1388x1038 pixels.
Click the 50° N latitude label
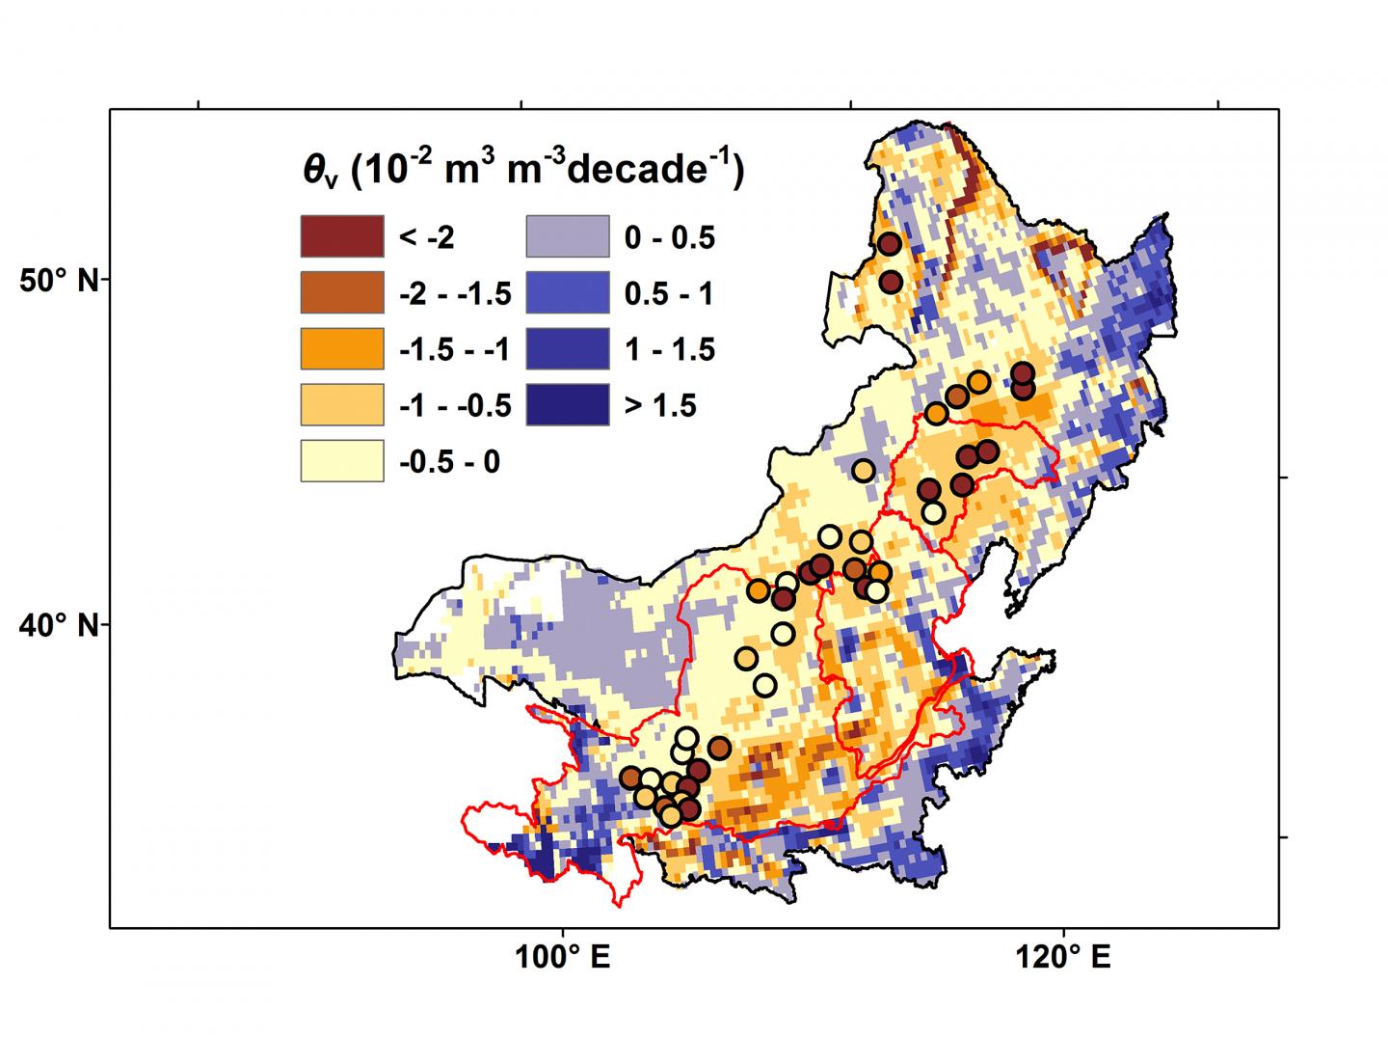click(59, 281)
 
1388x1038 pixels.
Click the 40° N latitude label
click(59, 626)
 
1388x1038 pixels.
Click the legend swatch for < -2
click(342, 237)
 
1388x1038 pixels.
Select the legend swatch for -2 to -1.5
click(342, 293)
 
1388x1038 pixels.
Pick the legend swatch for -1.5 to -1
click(342, 349)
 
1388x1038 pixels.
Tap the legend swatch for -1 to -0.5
click(342, 405)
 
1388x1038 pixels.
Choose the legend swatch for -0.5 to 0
click(342, 461)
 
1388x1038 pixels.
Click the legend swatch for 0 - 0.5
click(568, 237)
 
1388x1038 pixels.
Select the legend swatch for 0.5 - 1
click(568, 293)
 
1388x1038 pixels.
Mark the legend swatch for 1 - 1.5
click(568, 349)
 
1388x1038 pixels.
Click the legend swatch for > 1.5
click(568, 405)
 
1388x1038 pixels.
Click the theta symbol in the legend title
click(317, 171)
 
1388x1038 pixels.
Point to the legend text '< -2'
click(426, 238)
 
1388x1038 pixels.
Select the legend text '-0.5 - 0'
click(449, 462)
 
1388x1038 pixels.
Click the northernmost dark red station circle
click(890, 244)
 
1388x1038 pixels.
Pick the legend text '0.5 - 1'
click(669, 294)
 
